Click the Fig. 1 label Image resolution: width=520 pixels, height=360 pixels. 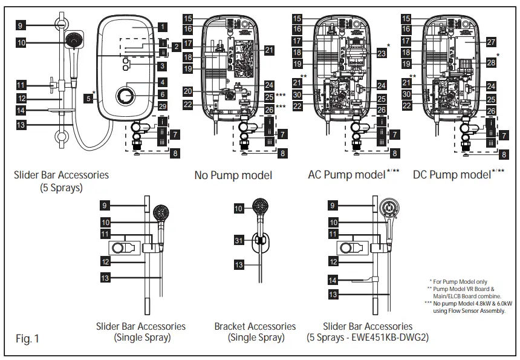[27, 339]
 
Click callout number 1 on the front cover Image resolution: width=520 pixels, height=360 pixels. [163, 27]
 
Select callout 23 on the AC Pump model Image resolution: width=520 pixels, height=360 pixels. [381, 54]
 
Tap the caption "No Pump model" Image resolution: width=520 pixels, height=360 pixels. [233, 175]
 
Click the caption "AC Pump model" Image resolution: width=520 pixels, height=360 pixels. [346, 175]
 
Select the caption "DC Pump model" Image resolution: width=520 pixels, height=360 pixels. [452, 175]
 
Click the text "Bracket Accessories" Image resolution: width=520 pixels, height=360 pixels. [255, 326]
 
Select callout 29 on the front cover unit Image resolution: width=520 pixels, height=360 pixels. [163, 105]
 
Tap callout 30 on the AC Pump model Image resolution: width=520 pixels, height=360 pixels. [296, 94]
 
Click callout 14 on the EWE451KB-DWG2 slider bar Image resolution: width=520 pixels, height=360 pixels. [333, 281]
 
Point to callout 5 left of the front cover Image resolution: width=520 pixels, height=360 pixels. [89, 97]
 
